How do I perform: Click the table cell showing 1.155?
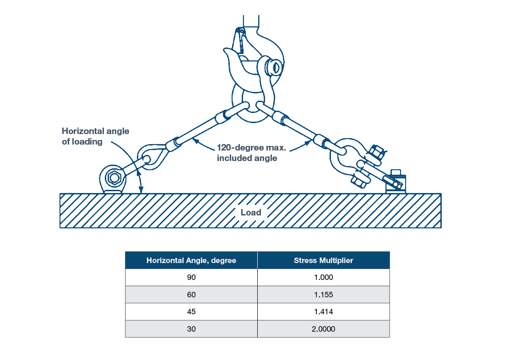point(323,295)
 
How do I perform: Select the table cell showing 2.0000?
point(323,329)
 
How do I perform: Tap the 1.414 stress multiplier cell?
point(323,312)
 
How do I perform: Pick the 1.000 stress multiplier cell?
point(323,277)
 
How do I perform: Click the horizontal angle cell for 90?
point(191,277)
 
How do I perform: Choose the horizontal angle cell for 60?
point(191,295)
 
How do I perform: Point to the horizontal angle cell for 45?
point(191,312)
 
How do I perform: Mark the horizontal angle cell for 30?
point(191,329)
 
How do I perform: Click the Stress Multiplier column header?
point(323,260)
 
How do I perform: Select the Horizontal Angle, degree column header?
point(191,260)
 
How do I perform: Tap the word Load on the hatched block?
point(251,212)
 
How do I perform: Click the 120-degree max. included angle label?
point(247,153)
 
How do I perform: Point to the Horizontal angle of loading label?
point(95,136)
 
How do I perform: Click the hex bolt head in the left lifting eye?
point(113,177)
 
